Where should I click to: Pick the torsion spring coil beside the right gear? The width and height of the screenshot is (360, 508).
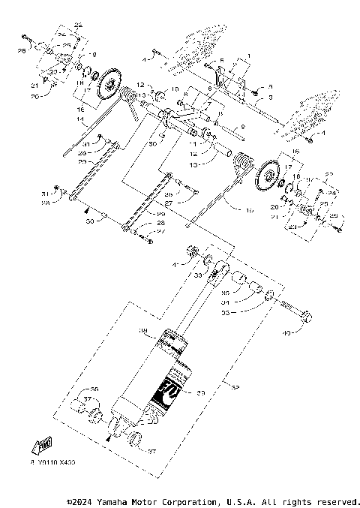pyautogui.click(x=241, y=164)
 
